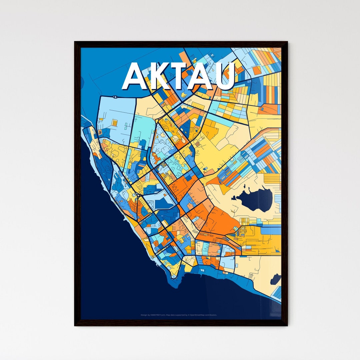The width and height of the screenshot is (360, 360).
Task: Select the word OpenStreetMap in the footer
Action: pos(196,315)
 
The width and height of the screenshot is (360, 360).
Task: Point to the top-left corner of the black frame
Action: pos(75,42)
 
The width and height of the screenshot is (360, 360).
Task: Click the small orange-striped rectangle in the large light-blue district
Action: pos(114,123)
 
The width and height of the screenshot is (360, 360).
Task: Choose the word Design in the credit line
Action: pos(144,315)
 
